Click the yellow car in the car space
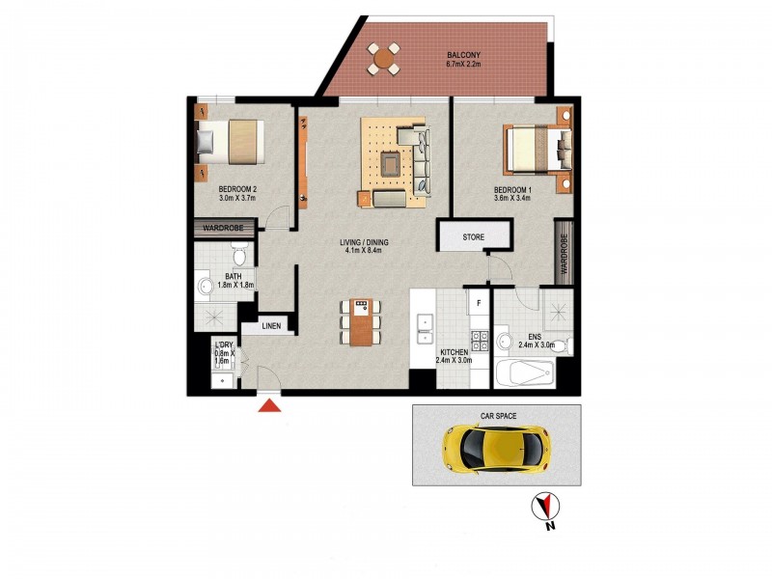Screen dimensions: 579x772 point(495,447)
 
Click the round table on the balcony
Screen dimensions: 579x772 point(385,60)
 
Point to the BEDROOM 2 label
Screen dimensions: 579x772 point(236,189)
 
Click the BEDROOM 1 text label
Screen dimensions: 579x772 point(513,189)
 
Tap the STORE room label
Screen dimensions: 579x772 point(473,236)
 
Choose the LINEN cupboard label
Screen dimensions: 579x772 point(271,326)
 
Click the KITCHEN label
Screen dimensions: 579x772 point(454,353)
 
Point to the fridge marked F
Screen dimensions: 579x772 point(476,302)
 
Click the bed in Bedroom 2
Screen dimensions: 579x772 point(231,142)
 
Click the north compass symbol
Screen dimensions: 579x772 point(547,506)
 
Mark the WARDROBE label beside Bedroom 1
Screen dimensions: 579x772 point(564,252)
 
